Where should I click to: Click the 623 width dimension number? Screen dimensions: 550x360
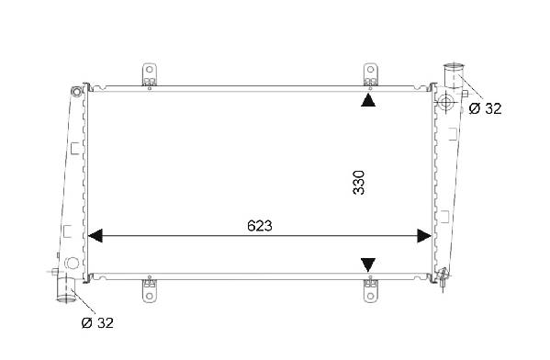[260, 226]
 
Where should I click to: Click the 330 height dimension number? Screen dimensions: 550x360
[359, 183]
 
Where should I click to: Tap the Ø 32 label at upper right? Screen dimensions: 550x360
[485, 108]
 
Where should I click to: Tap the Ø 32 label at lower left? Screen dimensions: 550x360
[97, 323]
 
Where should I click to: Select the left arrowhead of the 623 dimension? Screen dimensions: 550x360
[95, 236]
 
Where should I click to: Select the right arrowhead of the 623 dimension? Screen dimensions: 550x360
[424, 236]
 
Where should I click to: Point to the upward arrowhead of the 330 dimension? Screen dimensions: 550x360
[368, 100]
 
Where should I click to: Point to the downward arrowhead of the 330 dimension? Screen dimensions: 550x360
[368, 264]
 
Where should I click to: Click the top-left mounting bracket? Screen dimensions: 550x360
[150, 74]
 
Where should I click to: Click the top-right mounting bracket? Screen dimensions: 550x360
[370, 74]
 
